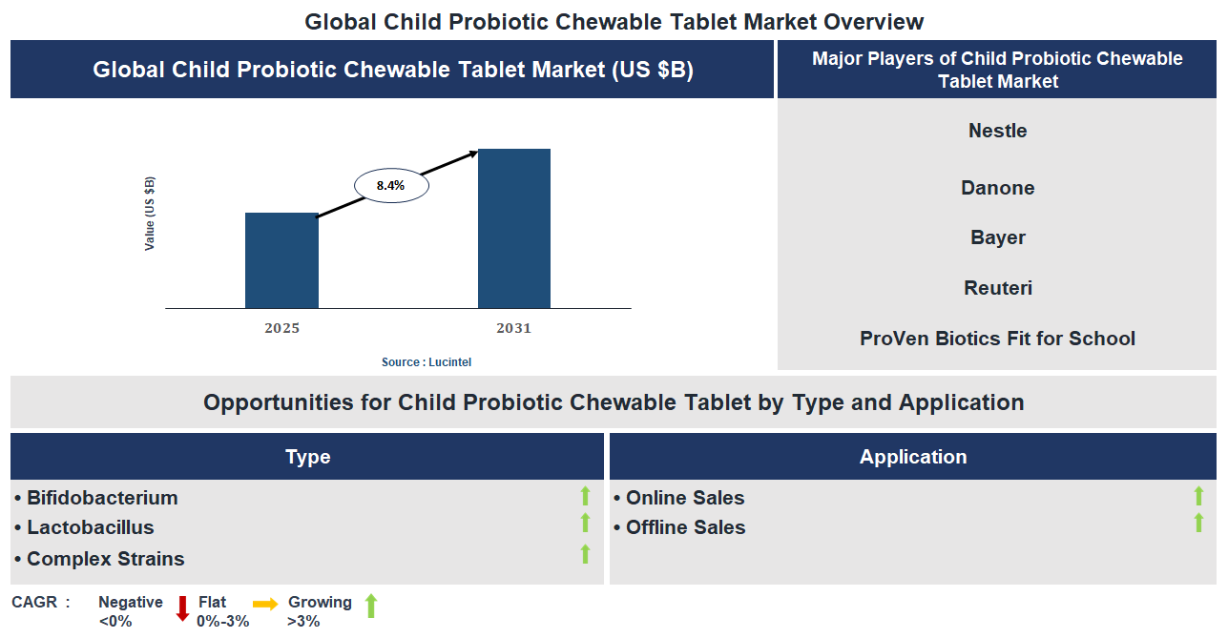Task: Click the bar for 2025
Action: click(281, 260)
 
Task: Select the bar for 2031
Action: click(513, 229)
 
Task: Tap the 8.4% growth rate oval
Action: click(391, 186)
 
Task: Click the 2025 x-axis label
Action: click(281, 329)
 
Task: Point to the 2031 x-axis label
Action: click(513, 329)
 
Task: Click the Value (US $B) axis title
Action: click(150, 214)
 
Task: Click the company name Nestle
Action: click(997, 131)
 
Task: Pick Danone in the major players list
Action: click(997, 188)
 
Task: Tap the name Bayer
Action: click(997, 237)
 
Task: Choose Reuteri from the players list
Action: click(997, 288)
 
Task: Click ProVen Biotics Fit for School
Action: click(997, 339)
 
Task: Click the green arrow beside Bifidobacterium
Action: click(585, 496)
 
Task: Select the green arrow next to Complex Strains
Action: click(585, 554)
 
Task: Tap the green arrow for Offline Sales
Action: click(1198, 523)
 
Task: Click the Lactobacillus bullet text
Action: click(90, 527)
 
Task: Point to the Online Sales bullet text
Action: click(684, 498)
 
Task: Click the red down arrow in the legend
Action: click(182, 607)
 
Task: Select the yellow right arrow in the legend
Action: click(265, 604)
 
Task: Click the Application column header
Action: click(913, 457)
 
